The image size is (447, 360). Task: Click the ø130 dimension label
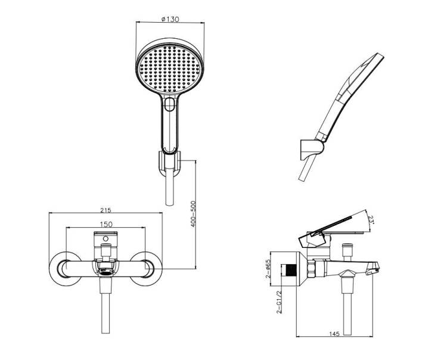(x=170, y=20)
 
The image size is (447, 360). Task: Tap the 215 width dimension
(x=105, y=210)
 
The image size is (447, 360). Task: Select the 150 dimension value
(x=106, y=224)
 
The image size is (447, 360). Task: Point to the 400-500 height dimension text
(x=193, y=214)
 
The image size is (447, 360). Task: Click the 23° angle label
(x=370, y=220)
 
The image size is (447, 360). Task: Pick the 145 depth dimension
(x=334, y=334)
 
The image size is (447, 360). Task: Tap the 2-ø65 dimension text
(x=268, y=269)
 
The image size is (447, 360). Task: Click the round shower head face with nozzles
(x=169, y=69)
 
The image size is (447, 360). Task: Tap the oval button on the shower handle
(x=170, y=104)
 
